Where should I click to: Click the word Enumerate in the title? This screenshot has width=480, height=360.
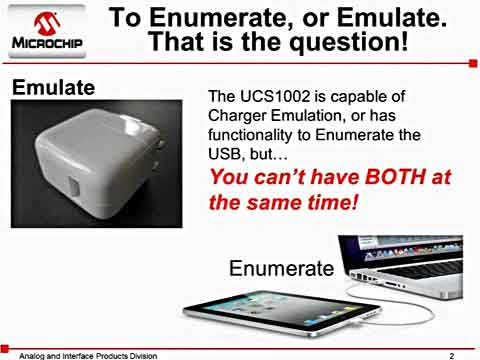point(226,17)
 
